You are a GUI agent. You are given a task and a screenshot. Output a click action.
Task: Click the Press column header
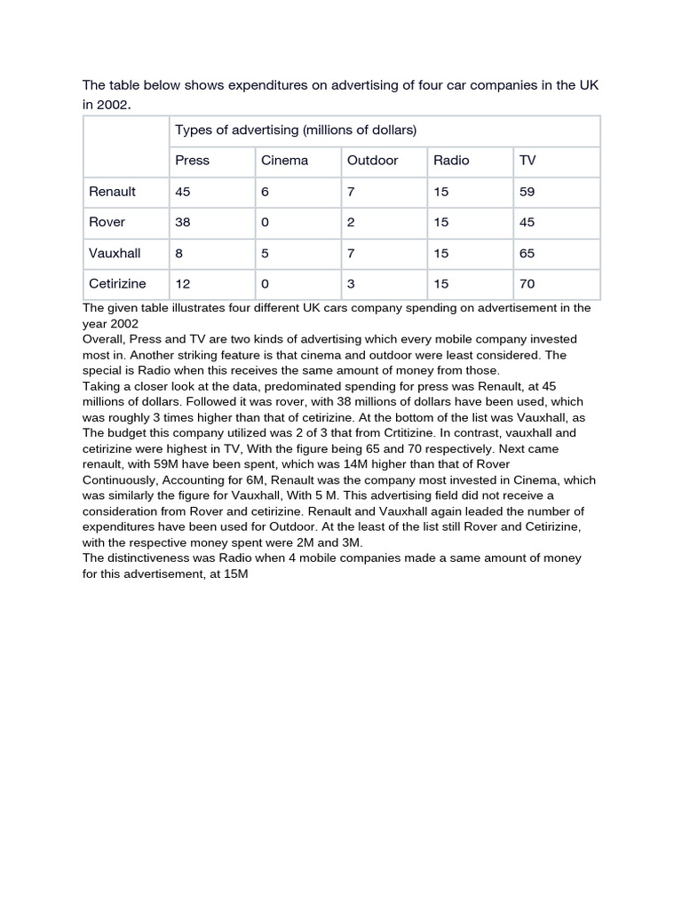(192, 161)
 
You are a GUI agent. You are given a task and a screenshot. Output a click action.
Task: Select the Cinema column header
(284, 161)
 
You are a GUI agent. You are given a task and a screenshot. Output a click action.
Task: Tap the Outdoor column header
(372, 161)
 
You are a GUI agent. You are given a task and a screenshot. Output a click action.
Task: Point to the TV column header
(527, 161)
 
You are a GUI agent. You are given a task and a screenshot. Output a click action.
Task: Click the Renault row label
(112, 192)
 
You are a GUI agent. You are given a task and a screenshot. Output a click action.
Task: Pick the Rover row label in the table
(107, 222)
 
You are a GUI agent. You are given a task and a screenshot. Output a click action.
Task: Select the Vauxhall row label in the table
(115, 253)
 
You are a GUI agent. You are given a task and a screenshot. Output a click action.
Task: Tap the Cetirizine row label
(117, 284)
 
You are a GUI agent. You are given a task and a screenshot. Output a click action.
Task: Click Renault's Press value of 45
(183, 192)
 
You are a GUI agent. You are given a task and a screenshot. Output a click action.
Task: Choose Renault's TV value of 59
(527, 192)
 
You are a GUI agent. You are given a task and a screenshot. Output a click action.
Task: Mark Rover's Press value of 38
(183, 222)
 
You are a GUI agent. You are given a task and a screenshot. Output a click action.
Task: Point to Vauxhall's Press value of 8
(179, 253)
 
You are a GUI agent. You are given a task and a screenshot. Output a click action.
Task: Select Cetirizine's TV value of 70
(527, 284)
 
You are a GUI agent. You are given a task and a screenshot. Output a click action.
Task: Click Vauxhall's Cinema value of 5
(265, 253)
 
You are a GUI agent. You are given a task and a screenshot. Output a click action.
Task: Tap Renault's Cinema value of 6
(265, 192)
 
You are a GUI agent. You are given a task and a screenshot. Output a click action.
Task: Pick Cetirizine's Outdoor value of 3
(351, 284)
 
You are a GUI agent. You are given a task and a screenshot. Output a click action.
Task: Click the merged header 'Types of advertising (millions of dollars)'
(296, 130)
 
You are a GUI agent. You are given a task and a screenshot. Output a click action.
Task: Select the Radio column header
(451, 161)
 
